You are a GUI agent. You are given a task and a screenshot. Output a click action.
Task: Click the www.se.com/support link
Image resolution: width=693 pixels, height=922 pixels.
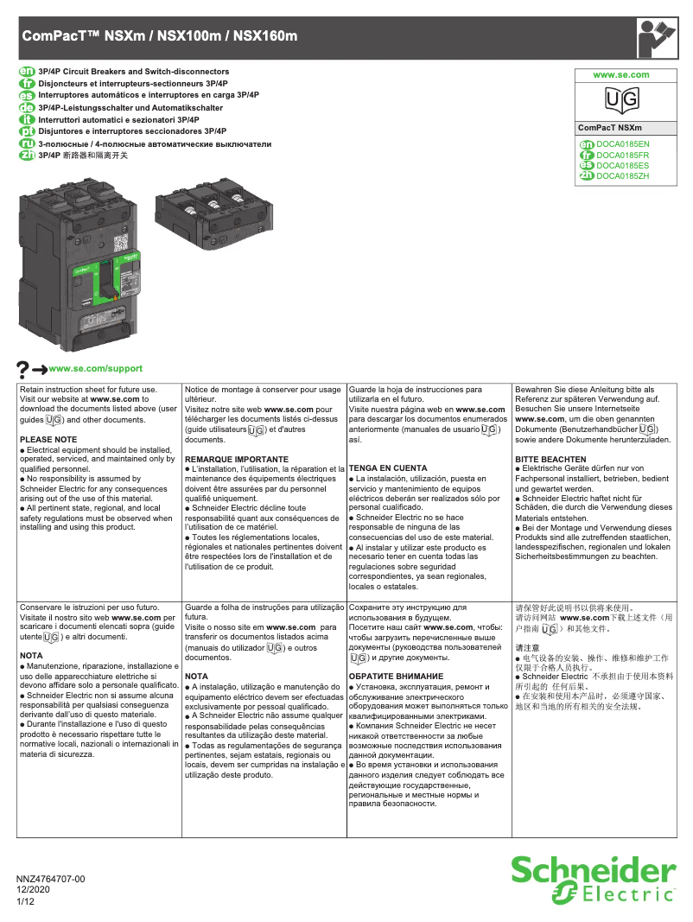(96, 368)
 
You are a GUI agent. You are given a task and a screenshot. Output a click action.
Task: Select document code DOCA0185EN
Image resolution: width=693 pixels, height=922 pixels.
(622, 143)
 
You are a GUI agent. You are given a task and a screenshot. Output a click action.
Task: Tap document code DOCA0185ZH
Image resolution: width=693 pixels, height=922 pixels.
(622, 175)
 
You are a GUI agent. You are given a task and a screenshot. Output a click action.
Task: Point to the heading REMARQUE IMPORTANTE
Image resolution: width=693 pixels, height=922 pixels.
(236, 459)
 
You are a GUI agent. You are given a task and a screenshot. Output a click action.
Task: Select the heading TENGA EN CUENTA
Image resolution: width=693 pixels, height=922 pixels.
(388, 467)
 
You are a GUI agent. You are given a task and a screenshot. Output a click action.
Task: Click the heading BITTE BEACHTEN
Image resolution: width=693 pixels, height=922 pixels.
(550, 459)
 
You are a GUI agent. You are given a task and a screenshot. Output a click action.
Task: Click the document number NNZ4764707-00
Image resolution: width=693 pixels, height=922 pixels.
(51, 879)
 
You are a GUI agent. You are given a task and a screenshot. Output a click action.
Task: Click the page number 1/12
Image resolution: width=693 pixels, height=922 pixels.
(26, 901)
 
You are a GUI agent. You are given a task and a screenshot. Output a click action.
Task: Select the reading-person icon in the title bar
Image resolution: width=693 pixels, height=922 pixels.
(657, 37)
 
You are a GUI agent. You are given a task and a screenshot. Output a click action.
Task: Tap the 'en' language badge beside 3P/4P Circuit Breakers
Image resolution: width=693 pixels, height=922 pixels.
(26, 71)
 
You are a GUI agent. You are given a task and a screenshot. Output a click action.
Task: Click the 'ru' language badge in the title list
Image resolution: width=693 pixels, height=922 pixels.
(26, 143)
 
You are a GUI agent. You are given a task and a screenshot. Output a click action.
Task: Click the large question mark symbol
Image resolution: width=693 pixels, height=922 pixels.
(23, 369)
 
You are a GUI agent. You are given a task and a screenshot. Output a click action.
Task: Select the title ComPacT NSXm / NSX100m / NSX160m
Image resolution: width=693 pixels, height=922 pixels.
(159, 36)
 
